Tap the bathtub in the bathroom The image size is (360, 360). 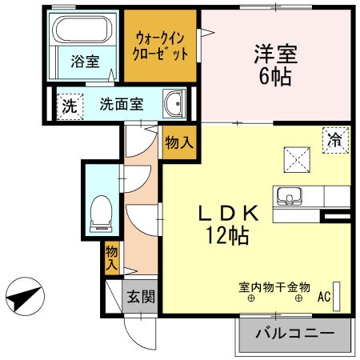[x=84, y=31]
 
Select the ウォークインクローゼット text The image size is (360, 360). [x=162, y=46]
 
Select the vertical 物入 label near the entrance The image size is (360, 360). [x=112, y=257]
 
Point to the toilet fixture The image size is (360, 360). [x=101, y=211]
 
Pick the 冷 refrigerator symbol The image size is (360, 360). [x=334, y=139]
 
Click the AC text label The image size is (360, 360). [x=324, y=298]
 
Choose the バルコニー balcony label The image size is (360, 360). [x=294, y=334]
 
